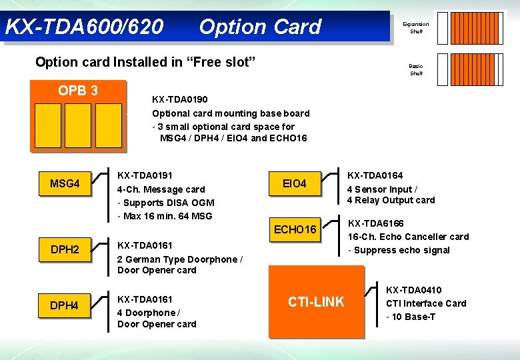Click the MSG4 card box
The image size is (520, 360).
tap(65, 183)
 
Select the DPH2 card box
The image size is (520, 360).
tap(65, 249)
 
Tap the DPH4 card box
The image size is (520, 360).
tap(65, 305)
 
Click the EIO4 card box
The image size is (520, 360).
tap(294, 183)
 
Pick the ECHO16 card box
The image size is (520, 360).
tap(295, 229)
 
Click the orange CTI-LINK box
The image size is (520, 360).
tap(316, 302)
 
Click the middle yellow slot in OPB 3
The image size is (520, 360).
tap(78, 125)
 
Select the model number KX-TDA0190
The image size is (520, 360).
tap(180, 99)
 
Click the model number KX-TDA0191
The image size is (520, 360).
tap(145, 175)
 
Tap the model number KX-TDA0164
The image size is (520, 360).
tap(375, 175)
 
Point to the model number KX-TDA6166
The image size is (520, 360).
tap(376, 223)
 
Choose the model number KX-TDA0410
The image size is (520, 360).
tap(413, 290)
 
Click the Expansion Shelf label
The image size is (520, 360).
tap(416, 27)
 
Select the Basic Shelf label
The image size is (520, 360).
tap(416, 69)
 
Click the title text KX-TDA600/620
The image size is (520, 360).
tap(84, 27)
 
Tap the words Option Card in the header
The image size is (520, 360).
tap(260, 27)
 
